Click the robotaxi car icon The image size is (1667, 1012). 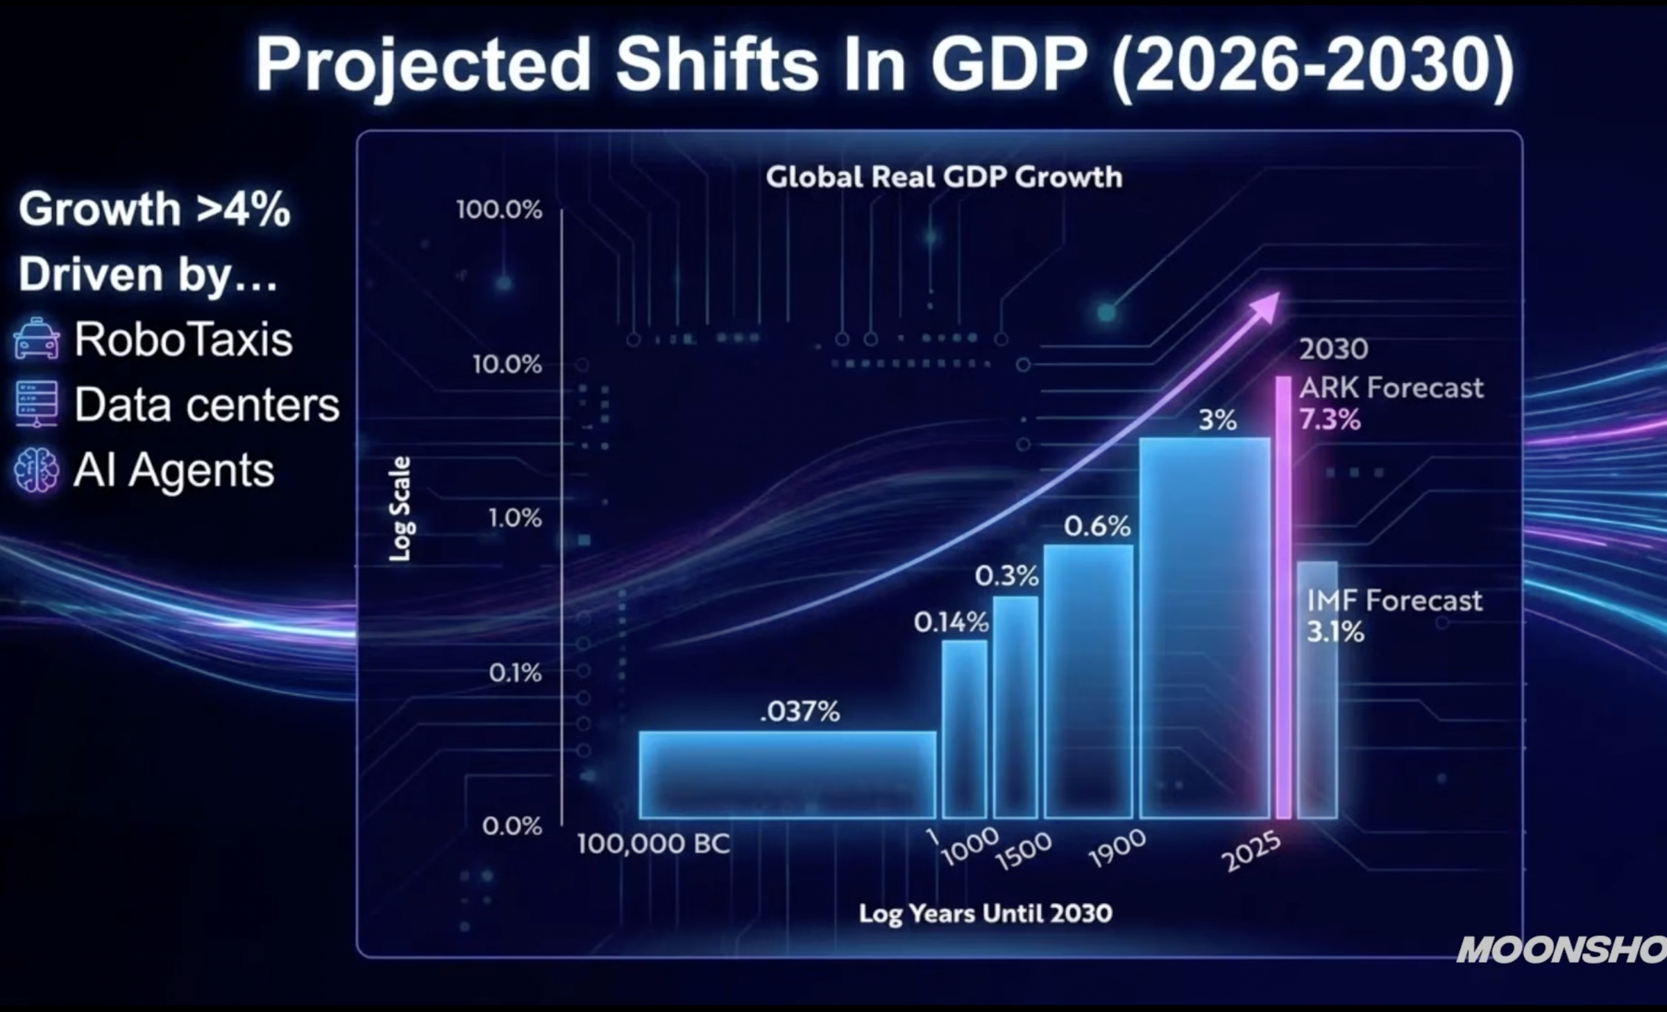click(x=36, y=339)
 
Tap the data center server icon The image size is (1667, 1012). click(x=36, y=403)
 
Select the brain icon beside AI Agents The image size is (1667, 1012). click(x=36, y=470)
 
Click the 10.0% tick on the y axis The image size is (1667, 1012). click(x=507, y=364)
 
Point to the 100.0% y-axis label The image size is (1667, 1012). click(x=498, y=210)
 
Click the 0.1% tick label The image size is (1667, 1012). click(x=514, y=673)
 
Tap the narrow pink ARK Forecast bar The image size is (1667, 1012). click(x=1283, y=597)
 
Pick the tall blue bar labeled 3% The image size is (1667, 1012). click(x=1205, y=628)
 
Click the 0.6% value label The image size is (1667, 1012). click(x=1097, y=527)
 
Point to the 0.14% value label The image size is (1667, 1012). click(x=951, y=623)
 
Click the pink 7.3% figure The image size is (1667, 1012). click(x=1329, y=420)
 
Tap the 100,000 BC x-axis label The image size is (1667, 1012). click(x=653, y=844)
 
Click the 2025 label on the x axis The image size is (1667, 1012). click(x=1251, y=852)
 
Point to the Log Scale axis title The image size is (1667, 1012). click(x=400, y=509)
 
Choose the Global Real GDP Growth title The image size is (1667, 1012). click(x=943, y=177)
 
